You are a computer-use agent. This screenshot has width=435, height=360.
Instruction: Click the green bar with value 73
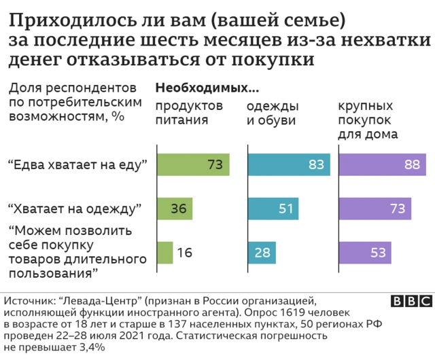pyautogui.click(x=193, y=165)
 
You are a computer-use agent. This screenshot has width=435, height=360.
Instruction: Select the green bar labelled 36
pyautogui.click(x=175, y=208)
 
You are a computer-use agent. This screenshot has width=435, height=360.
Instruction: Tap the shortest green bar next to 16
pyautogui.click(x=164, y=253)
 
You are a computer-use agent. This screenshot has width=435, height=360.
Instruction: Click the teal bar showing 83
pyautogui.click(x=289, y=165)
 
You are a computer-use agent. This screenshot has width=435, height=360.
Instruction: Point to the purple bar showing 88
pyautogui.click(x=382, y=165)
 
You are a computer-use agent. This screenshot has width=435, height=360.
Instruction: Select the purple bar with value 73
pyautogui.click(x=375, y=208)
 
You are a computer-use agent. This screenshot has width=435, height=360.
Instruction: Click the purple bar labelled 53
pyautogui.click(x=365, y=253)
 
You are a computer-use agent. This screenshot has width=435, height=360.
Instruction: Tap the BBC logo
pyautogui.click(x=412, y=302)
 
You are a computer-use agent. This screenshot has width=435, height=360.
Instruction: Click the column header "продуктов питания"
pyautogui.click(x=190, y=113)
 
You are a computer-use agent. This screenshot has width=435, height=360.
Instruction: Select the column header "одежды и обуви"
pyautogui.click(x=272, y=113)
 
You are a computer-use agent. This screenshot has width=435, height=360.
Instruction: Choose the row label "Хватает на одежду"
pyautogui.click(x=74, y=208)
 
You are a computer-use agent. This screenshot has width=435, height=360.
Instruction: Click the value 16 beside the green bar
pyautogui.click(x=184, y=253)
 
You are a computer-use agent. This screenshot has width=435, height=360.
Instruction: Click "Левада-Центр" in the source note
pyautogui.click(x=96, y=300)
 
